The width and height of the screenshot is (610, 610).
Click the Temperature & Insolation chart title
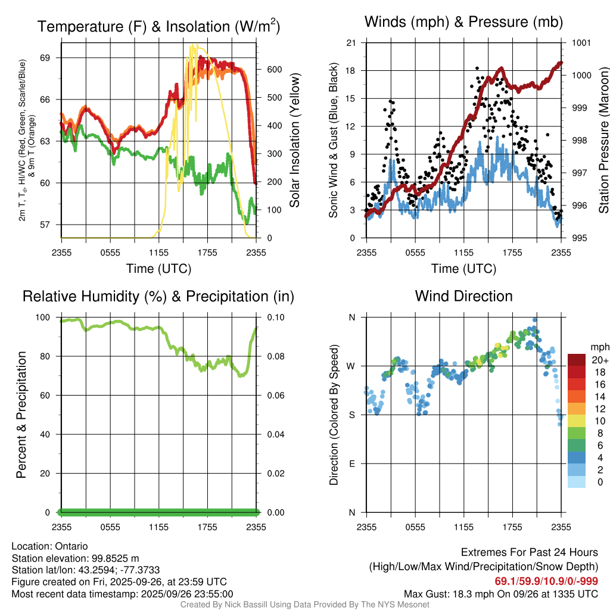tap(158, 26)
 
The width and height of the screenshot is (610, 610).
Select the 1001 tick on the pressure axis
tap(580, 43)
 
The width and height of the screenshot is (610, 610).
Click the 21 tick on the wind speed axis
tap(351, 43)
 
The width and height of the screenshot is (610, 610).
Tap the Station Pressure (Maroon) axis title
tap(603, 141)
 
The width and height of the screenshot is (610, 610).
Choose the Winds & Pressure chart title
tap(463, 22)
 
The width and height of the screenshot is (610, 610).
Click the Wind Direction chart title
tap(463, 296)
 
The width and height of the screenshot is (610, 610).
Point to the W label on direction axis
tap(351, 366)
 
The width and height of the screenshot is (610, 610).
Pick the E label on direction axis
tap(351, 463)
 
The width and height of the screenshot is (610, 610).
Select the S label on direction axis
tap(351, 415)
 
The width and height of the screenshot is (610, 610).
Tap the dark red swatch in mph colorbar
tap(577, 360)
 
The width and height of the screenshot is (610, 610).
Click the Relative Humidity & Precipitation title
tap(158, 296)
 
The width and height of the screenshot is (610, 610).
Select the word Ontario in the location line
tap(71, 546)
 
